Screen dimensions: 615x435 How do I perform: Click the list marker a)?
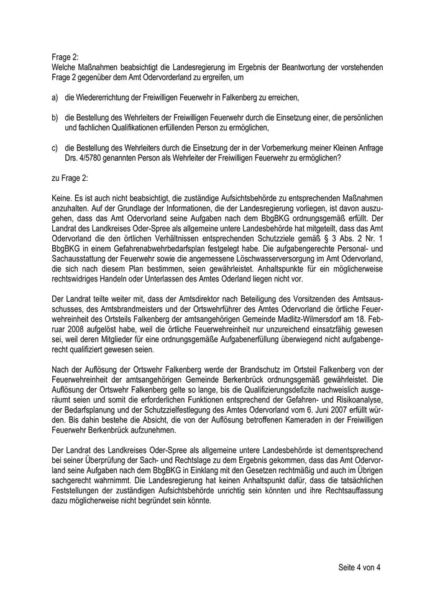[55, 98]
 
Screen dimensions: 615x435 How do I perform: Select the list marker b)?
[55, 118]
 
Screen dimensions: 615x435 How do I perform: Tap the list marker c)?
[55, 148]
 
